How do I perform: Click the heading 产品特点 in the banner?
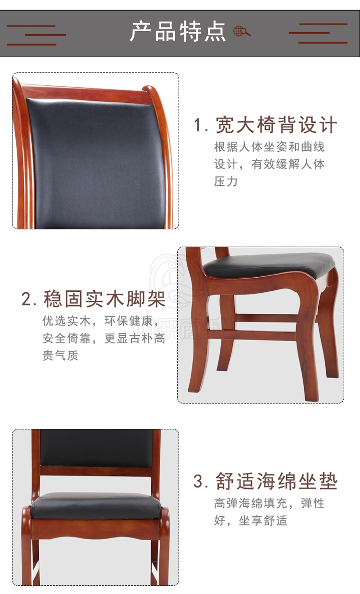coord(178,32)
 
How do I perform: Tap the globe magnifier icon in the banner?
coord(242,31)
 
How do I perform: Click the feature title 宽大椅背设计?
coord(276,125)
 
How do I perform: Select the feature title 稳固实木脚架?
coord(105,299)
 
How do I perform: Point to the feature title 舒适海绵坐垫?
coord(276,481)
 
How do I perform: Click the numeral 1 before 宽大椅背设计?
coord(198,125)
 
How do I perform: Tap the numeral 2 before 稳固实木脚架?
coord(26,299)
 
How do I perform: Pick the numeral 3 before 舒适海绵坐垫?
coord(198,481)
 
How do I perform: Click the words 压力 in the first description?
coord(226,182)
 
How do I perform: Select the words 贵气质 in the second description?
coord(60,356)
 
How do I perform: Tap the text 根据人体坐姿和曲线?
coord(269,147)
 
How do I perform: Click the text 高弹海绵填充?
coord(251,503)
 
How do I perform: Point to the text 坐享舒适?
coord(263,521)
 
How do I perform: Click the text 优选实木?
coord(66,321)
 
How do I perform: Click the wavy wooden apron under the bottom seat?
coord(96,529)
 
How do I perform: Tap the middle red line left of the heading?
coord(46,35)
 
